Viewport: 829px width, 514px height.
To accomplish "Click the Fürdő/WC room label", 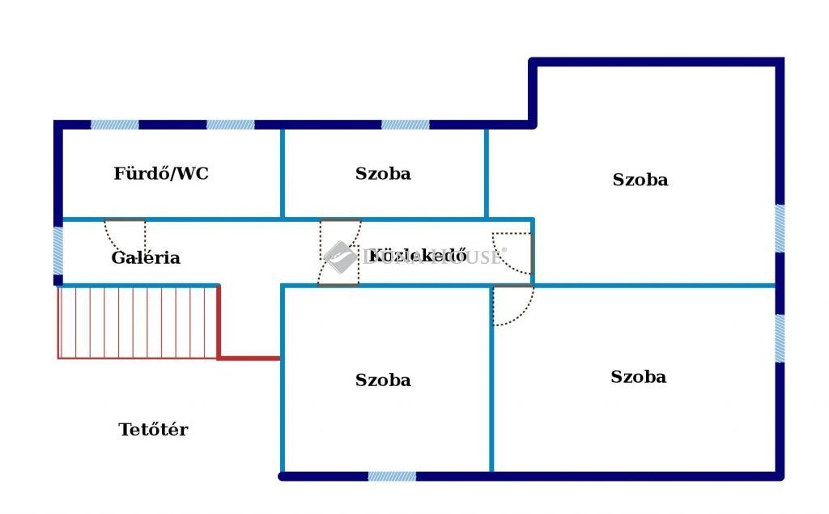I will pyautogui.click(x=161, y=173).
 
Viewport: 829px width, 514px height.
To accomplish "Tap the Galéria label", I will pyautogui.click(x=146, y=258).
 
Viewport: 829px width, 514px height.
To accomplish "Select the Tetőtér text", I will pyautogui.click(x=153, y=430).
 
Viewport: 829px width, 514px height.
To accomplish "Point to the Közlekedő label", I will pyautogui.click(x=417, y=257).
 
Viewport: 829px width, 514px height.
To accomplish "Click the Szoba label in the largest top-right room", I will pyautogui.click(x=640, y=180).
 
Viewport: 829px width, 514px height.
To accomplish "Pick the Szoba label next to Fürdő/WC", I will pyautogui.click(x=383, y=173).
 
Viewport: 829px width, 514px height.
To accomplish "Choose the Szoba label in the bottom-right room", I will pyautogui.click(x=639, y=376).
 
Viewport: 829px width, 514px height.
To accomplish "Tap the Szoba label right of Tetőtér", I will pyautogui.click(x=383, y=380).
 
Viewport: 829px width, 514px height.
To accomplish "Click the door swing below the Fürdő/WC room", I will pyautogui.click(x=125, y=235).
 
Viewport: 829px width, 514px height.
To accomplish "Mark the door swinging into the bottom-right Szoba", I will pyautogui.click(x=512, y=304).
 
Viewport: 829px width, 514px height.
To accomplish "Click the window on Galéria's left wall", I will pyautogui.click(x=58, y=251).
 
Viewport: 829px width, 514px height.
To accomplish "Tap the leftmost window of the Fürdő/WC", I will pyautogui.click(x=114, y=125).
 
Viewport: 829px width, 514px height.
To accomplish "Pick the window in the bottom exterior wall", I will pyautogui.click(x=392, y=476).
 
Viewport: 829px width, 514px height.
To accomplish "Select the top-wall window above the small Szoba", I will pyautogui.click(x=405, y=125).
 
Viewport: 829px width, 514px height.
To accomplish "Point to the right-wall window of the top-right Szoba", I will pyautogui.click(x=780, y=228).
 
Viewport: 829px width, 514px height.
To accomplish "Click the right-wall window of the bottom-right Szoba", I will pyautogui.click(x=780, y=338).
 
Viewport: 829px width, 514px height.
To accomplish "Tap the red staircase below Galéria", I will pyautogui.click(x=138, y=321).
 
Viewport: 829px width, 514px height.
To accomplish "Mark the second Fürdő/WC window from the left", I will pyautogui.click(x=230, y=125).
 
